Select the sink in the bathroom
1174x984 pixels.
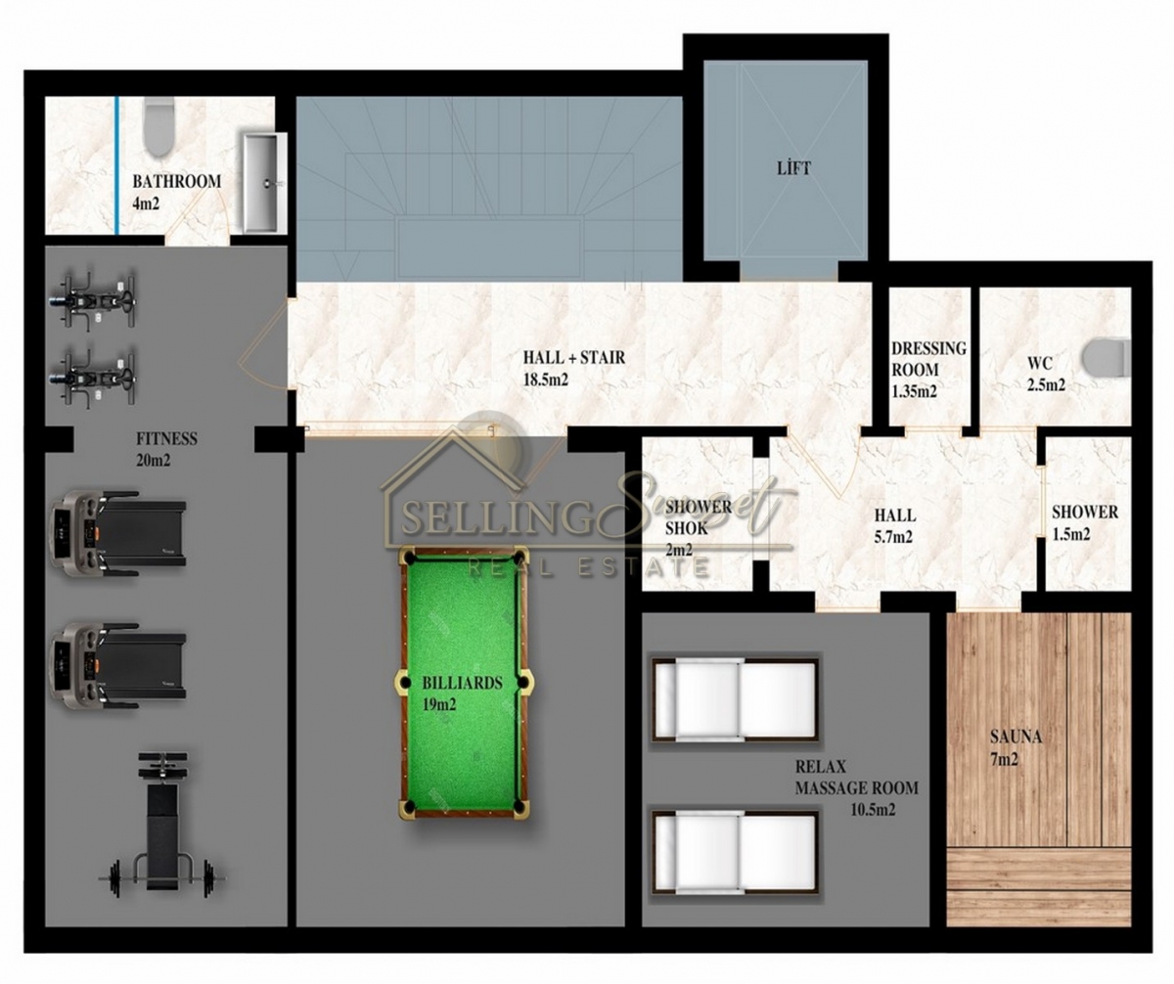[265, 183]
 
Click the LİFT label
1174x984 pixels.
[793, 168]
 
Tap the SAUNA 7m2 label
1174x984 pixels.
[1016, 748]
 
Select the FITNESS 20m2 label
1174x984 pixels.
[166, 449]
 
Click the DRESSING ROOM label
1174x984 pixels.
[928, 359]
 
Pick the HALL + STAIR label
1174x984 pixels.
[574, 357]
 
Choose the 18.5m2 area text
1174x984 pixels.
[545, 380]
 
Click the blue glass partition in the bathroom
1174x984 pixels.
[116, 165]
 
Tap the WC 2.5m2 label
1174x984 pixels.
[1046, 374]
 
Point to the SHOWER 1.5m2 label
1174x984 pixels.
[1085, 523]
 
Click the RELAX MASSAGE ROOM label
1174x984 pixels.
[856, 777]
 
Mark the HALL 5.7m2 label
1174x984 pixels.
[894, 525]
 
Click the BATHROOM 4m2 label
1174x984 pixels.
[176, 192]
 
